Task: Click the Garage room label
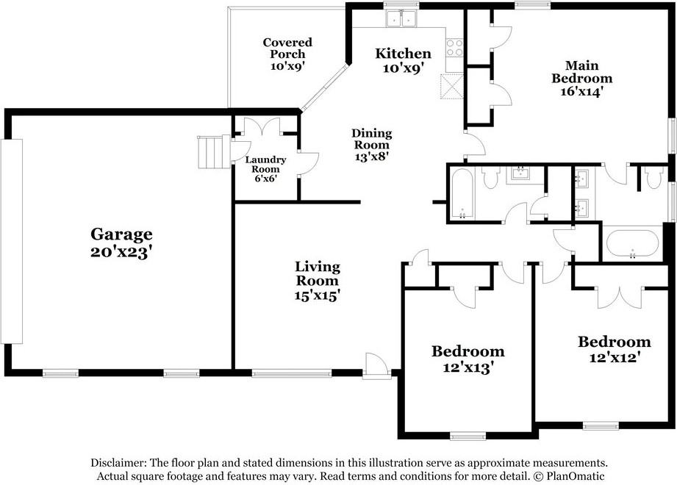point(121,234)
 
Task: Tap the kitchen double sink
point(401,18)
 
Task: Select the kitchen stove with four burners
point(455,48)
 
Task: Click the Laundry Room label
point(265,165)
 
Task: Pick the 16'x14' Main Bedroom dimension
point(581,91)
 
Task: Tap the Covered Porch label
point(287,48)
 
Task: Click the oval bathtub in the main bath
point(633,243)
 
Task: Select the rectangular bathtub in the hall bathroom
point(462,193)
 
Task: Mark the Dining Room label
point(372,138)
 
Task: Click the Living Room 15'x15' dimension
point(318,295)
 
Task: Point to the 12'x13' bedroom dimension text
point(468,367)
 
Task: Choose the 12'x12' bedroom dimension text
point(614,358)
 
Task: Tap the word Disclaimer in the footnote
point(118,463)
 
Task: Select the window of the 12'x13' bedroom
point(468,436)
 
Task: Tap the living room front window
point(292,373)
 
